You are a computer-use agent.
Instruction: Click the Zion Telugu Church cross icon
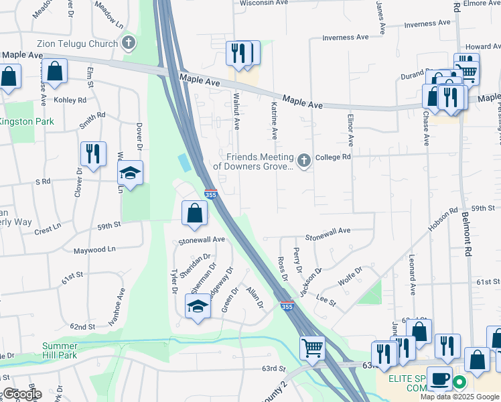130,44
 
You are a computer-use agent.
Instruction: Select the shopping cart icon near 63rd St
312,348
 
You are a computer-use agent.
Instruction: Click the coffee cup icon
439,379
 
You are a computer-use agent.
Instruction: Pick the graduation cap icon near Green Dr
198,307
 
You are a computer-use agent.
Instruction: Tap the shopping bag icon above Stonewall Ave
194,213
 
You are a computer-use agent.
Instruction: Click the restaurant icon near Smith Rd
93,153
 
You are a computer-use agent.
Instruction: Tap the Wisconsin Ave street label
263,3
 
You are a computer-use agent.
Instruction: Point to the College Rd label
334,157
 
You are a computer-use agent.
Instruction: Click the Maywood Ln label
94,250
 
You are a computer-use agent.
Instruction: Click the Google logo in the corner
21,394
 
